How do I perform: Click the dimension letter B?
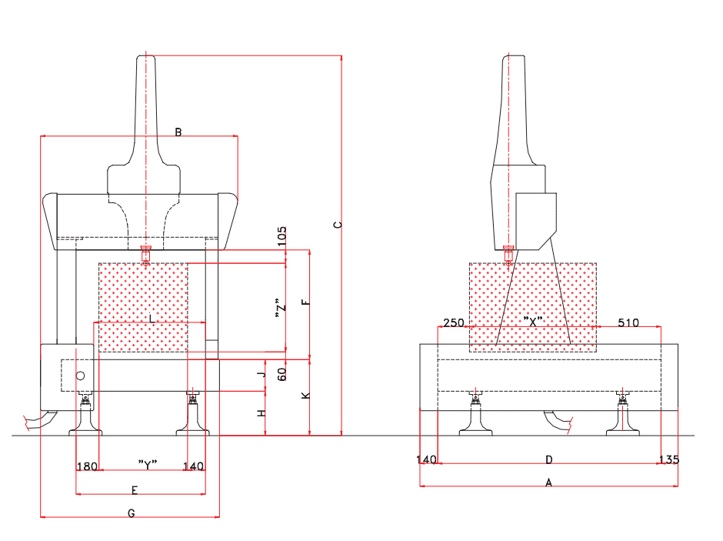click(178, 132)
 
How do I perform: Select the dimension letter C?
click(337, 225)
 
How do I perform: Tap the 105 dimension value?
click(282, 236)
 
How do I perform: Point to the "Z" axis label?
click(282, 309)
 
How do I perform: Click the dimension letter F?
click(306, 302)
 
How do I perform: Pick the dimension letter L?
click(152, 318)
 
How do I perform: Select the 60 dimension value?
click(282, 375)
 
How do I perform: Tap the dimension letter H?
click(262, 413)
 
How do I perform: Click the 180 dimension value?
click(88, 466)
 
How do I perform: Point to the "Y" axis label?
click(148, 464)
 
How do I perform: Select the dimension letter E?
click(134, 490)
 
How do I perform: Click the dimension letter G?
click(131, 513)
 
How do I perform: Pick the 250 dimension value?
click(454, 322)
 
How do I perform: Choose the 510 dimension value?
click(628, 322)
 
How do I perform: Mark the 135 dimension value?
click(669, 459)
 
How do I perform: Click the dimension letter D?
click(548, 459)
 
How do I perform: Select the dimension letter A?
click(548, 483)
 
